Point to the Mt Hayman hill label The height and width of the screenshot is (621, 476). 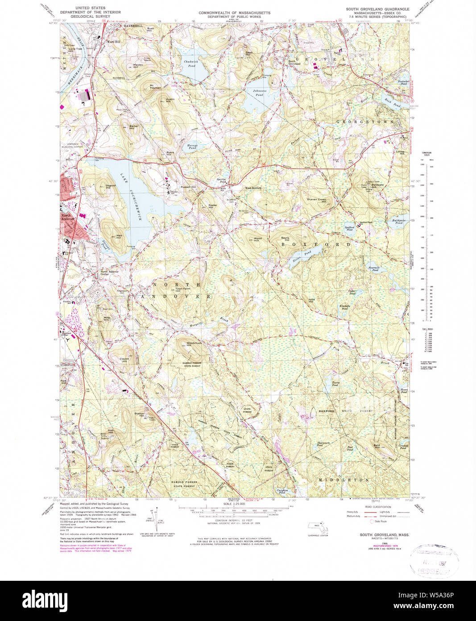[x=155, y=87]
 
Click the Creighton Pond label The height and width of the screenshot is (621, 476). [x=282, y=491]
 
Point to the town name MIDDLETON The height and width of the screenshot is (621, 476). [x=344, y=480]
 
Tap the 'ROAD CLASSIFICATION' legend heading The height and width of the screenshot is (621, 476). [x=378, y=507]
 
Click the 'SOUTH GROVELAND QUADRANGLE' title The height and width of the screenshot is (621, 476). [x=377, y=9]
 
